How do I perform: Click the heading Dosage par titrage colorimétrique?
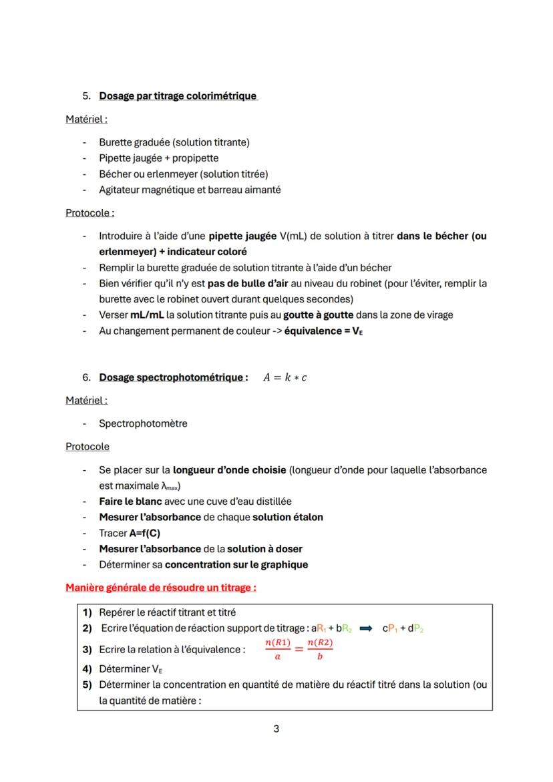tap(178, 95)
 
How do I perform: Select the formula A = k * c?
tap(285, 377)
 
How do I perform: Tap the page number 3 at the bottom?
tap(276, 729)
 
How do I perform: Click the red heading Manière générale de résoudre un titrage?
tap(161, 588)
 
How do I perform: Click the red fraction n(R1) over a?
tap(277, 649)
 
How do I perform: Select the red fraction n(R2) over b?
tap(320, 649)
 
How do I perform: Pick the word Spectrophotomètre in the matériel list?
tap(143, 423)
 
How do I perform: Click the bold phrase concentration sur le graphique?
tap(236, 564)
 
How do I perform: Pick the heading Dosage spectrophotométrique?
tap(172, 377)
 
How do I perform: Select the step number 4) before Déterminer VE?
tap(87, 668)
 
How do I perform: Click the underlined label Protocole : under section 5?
tap(89, 213)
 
